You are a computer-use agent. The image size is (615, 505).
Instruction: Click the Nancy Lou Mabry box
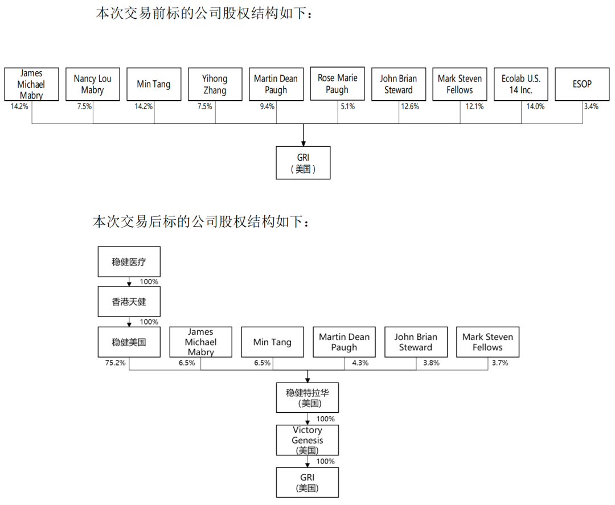point(93,84)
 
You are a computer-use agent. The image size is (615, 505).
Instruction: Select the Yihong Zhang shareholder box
point(215,84)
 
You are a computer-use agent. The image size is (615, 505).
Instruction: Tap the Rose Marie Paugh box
point(337,84)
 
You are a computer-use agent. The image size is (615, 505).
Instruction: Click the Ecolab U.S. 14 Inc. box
point(521,84)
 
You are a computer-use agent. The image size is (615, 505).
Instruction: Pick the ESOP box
point(582,84)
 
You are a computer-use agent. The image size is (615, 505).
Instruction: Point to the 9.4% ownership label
point(267,106)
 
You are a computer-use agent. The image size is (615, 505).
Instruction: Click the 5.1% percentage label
point(347,106)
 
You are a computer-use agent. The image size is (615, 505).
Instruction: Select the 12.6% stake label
point(410,106)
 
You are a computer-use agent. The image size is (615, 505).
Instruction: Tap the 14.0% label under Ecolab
point(535,106)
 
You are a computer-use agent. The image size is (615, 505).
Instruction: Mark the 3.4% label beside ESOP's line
point(591,106)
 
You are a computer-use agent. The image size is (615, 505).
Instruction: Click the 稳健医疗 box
point(129,262)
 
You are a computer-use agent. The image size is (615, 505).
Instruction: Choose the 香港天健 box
point(129,302)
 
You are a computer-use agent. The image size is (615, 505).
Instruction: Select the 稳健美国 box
point(129,342)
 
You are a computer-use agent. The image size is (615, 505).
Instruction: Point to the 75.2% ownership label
point(115,363)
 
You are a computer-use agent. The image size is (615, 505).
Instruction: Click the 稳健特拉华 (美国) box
point(307,397)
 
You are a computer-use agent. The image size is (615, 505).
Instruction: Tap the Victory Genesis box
point(307,440)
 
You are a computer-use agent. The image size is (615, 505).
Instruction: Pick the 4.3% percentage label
point(360,363)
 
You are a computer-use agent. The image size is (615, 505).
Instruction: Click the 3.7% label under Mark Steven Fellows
point(500,363)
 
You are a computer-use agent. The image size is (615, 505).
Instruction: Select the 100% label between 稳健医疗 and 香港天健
point(149,282)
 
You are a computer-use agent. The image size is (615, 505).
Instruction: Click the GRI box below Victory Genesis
point(307,483)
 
